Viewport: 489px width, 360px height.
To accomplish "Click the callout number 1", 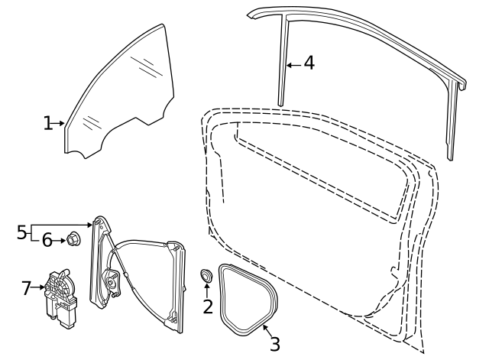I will pyautogui.click(x=47, y=123).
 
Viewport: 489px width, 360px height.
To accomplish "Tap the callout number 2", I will pyautogui.click(x=207, y=307).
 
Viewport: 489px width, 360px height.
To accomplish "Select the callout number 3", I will pyautogui.click(x=274, y=343).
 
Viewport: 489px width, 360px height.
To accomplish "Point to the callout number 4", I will pyautogui.click(x=309, y=63).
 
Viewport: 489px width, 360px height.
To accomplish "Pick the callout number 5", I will pyautogui.click(x=21, y=232).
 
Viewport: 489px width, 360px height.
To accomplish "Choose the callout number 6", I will pyautogui.click(x=47, y=241).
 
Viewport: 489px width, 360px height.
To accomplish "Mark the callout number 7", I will pyautogui.click(x=27, y=288).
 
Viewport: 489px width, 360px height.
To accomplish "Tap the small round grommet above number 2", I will pyautogui.click(x=206, y=275).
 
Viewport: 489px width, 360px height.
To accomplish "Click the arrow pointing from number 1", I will pyautogui.click(x=59, y=123).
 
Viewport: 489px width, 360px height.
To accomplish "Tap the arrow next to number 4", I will pyautogui.click(x=293, y=64).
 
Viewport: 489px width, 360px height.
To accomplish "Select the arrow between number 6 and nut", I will pyautogui.click(x=60, y=241).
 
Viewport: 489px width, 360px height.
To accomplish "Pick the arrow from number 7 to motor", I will pyautogui.click(x=39, y=288).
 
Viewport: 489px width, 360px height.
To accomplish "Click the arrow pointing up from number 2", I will pyautogui.click(x=206, y=290).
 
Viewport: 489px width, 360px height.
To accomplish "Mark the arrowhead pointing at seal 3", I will pyautogui.click(x=262, y=329).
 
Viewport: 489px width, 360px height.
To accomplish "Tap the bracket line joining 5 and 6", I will pyautogui.click(x=32, y=233).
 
